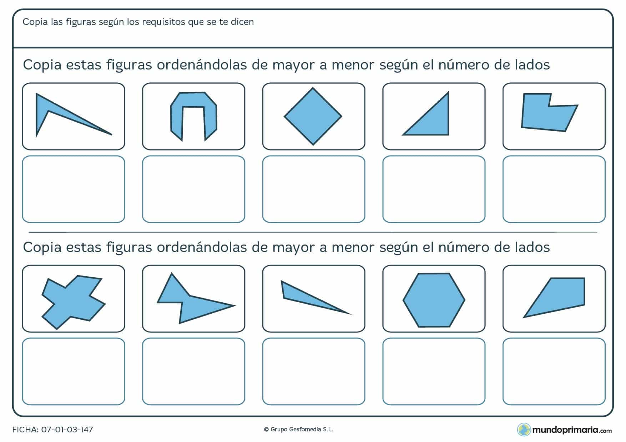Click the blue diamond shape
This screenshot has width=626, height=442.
point(313,116)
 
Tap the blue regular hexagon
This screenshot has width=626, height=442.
point(434,300)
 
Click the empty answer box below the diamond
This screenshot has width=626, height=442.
point(313,189)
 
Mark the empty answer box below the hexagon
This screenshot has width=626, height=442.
point(434,371)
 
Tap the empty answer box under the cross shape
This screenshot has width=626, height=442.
point(73,371)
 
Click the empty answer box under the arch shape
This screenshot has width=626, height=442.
point(193,189)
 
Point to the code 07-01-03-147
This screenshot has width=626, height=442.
point(67,430)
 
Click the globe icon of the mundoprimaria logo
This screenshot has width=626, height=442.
point(524,430)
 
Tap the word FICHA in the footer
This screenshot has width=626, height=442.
point(25,430)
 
